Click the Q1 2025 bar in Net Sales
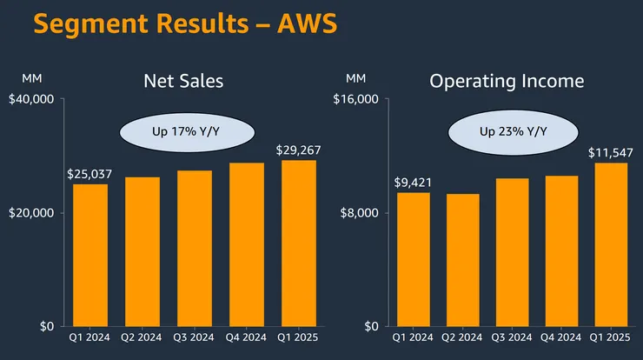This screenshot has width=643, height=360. point(298,243)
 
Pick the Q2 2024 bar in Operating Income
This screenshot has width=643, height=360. point(466,260)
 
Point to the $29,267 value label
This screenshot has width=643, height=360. point(298,150)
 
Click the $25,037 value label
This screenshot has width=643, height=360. point(89,174)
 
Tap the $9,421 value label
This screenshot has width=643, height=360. point(414,183)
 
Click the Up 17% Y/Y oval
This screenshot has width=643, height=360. point(185,132)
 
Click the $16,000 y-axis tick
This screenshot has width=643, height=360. point(356,99)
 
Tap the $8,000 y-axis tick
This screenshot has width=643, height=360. point(360,213)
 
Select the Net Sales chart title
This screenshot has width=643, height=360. point(183,82)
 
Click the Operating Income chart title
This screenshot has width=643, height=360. point(507,82)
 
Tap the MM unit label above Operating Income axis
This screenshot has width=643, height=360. point(356,79)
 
